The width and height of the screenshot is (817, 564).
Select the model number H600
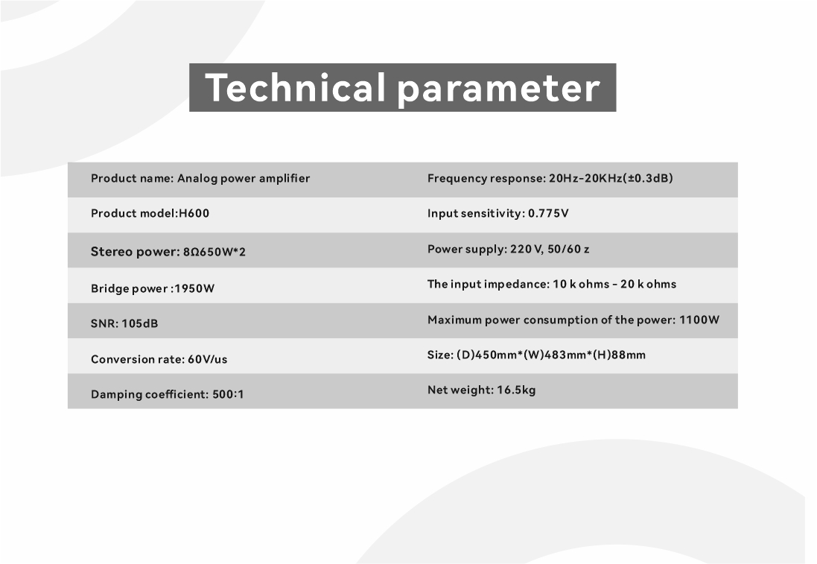194,213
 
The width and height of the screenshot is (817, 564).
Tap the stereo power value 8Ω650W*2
214,253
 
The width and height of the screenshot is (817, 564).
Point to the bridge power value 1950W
194,288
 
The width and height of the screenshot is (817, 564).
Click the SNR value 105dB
139,323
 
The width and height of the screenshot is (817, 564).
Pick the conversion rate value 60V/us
207,359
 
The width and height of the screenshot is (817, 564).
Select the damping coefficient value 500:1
228,394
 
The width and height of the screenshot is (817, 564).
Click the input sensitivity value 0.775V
548,213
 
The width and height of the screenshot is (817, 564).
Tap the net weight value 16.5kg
516,390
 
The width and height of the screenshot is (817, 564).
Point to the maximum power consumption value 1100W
699,320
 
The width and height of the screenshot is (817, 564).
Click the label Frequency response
486,178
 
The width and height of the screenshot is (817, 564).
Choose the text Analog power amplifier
244,178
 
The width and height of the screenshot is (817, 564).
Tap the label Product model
133,213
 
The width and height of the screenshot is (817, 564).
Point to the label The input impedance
489,284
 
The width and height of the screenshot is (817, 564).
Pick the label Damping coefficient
150,394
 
